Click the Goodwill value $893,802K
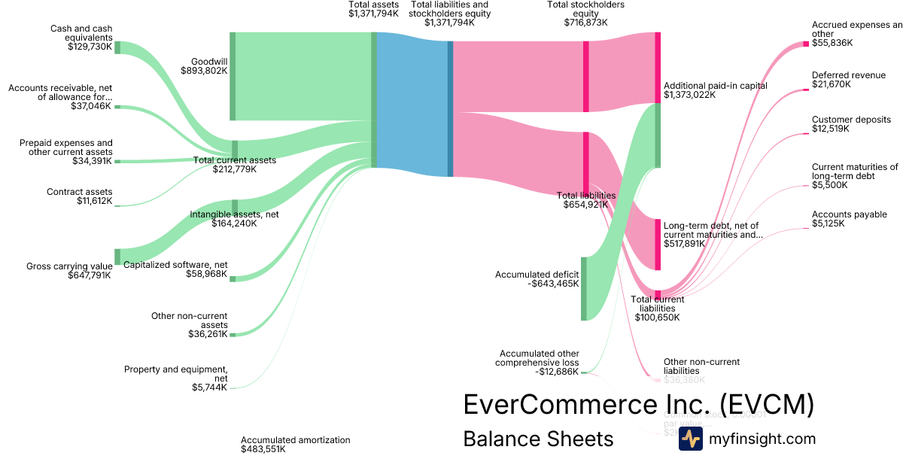(204, 70)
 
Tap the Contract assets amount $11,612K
(94, 201)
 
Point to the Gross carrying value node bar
(117, 257)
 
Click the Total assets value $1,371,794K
(373, 14)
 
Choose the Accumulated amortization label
(295, 439)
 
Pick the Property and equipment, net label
(175, 373)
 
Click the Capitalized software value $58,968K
(206, 274)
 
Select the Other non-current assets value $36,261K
(208, 334)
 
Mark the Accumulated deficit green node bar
(583, 288)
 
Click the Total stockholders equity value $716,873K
(585, 23)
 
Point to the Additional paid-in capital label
(715, 86)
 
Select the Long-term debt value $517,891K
(684, 244)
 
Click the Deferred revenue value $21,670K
(832, 84)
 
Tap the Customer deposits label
(851, 120)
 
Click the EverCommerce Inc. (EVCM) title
(638, 404)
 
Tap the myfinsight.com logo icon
(690, 439)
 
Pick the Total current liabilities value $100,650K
(657, 318)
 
